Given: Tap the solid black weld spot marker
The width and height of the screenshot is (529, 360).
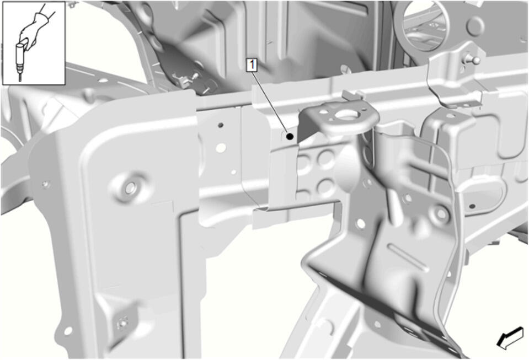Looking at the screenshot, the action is pyautogui.click(x=290, y=137).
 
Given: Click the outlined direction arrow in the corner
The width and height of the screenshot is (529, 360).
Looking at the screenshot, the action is pyautogui.click(x=511, y=337).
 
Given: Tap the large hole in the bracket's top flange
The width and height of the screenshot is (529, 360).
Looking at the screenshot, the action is pyautogui.click(x=347, y=115).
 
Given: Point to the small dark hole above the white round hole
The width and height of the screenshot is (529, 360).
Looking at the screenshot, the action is pyautogui.click(x=221, y=125).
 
